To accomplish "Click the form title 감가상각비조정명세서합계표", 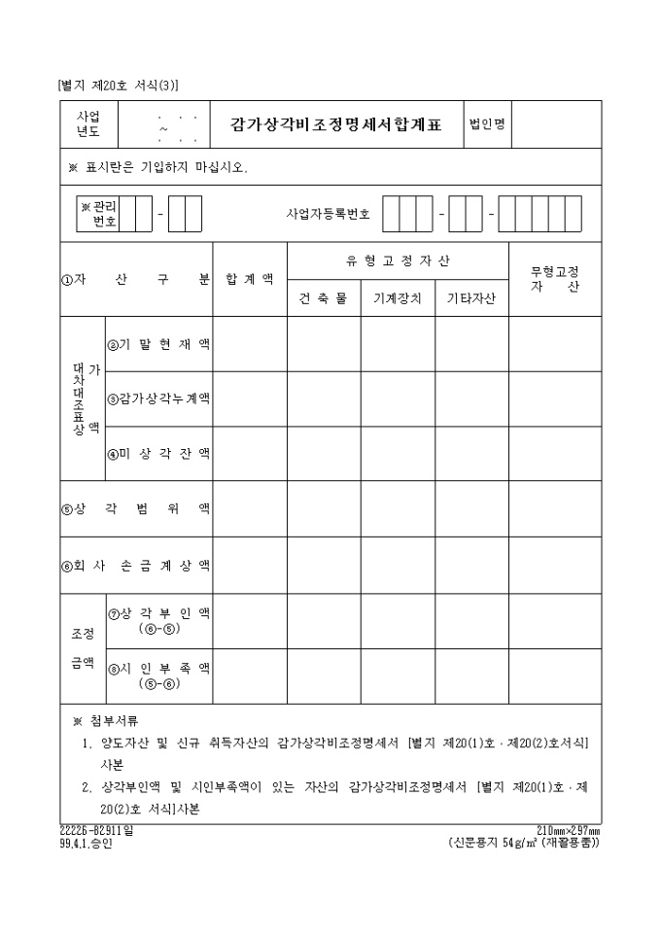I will click(335, 124).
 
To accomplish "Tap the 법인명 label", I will click(486, 124).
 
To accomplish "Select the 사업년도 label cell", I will click(88, 124).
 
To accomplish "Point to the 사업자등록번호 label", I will click(329, 213).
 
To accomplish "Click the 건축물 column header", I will click(324, 298).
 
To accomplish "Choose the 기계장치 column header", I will click(398, 298).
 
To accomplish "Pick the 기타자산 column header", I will click(471, 298).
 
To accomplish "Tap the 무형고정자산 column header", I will click(555, 279).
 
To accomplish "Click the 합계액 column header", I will click(250, 279).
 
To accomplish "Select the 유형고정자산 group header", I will click(398, 260).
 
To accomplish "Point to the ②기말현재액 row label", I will click(158, 344).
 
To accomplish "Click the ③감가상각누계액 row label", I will click(158, 398).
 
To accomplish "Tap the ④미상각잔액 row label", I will click(158, 453).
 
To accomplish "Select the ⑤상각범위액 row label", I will click(136, 508).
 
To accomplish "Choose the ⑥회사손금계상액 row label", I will click(136, 565).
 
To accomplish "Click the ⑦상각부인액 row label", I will click(158, 620).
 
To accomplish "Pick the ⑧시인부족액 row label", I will click(158, 675).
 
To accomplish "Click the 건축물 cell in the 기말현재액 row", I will click(324, 344).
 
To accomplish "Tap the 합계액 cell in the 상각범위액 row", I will click(250, 508).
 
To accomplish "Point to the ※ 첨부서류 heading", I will click(106, 721).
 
